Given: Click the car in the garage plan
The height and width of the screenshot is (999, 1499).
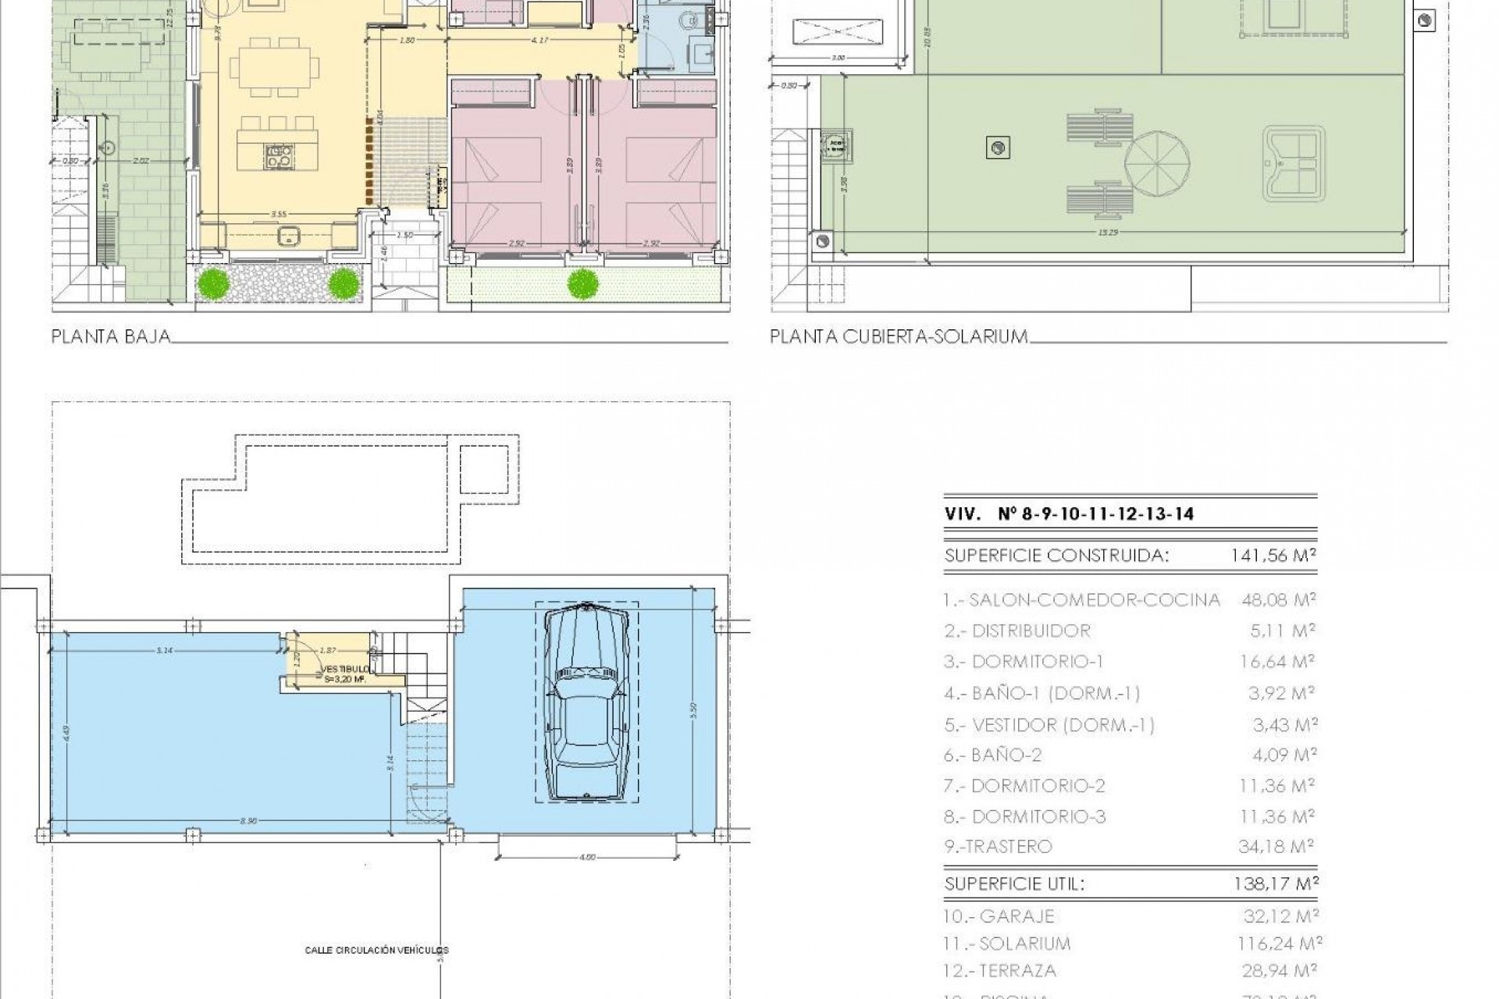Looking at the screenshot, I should tap(586, 703).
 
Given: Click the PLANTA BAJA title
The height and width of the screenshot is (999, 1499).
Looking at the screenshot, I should tap(111, 336).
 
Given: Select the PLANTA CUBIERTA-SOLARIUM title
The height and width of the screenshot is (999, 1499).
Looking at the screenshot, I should tap(899, 336).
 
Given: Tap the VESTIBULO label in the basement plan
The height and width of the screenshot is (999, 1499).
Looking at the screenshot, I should tap(342, 670).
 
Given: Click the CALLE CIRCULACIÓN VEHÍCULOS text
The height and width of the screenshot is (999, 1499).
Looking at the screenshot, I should tap(377, 950).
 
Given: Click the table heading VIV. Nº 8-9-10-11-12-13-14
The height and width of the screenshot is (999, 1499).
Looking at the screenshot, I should tap(1069, 514).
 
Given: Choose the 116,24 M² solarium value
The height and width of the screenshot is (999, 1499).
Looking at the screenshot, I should tap(1279, 944).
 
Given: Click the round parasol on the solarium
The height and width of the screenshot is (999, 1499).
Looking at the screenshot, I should tap(1158, 165).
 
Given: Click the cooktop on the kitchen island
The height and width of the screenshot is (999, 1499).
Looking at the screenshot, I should tap(279, 157).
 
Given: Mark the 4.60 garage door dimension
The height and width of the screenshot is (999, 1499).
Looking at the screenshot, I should tap(587, 858).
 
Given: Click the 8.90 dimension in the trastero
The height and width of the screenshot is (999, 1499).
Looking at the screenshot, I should tap(248, 821).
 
